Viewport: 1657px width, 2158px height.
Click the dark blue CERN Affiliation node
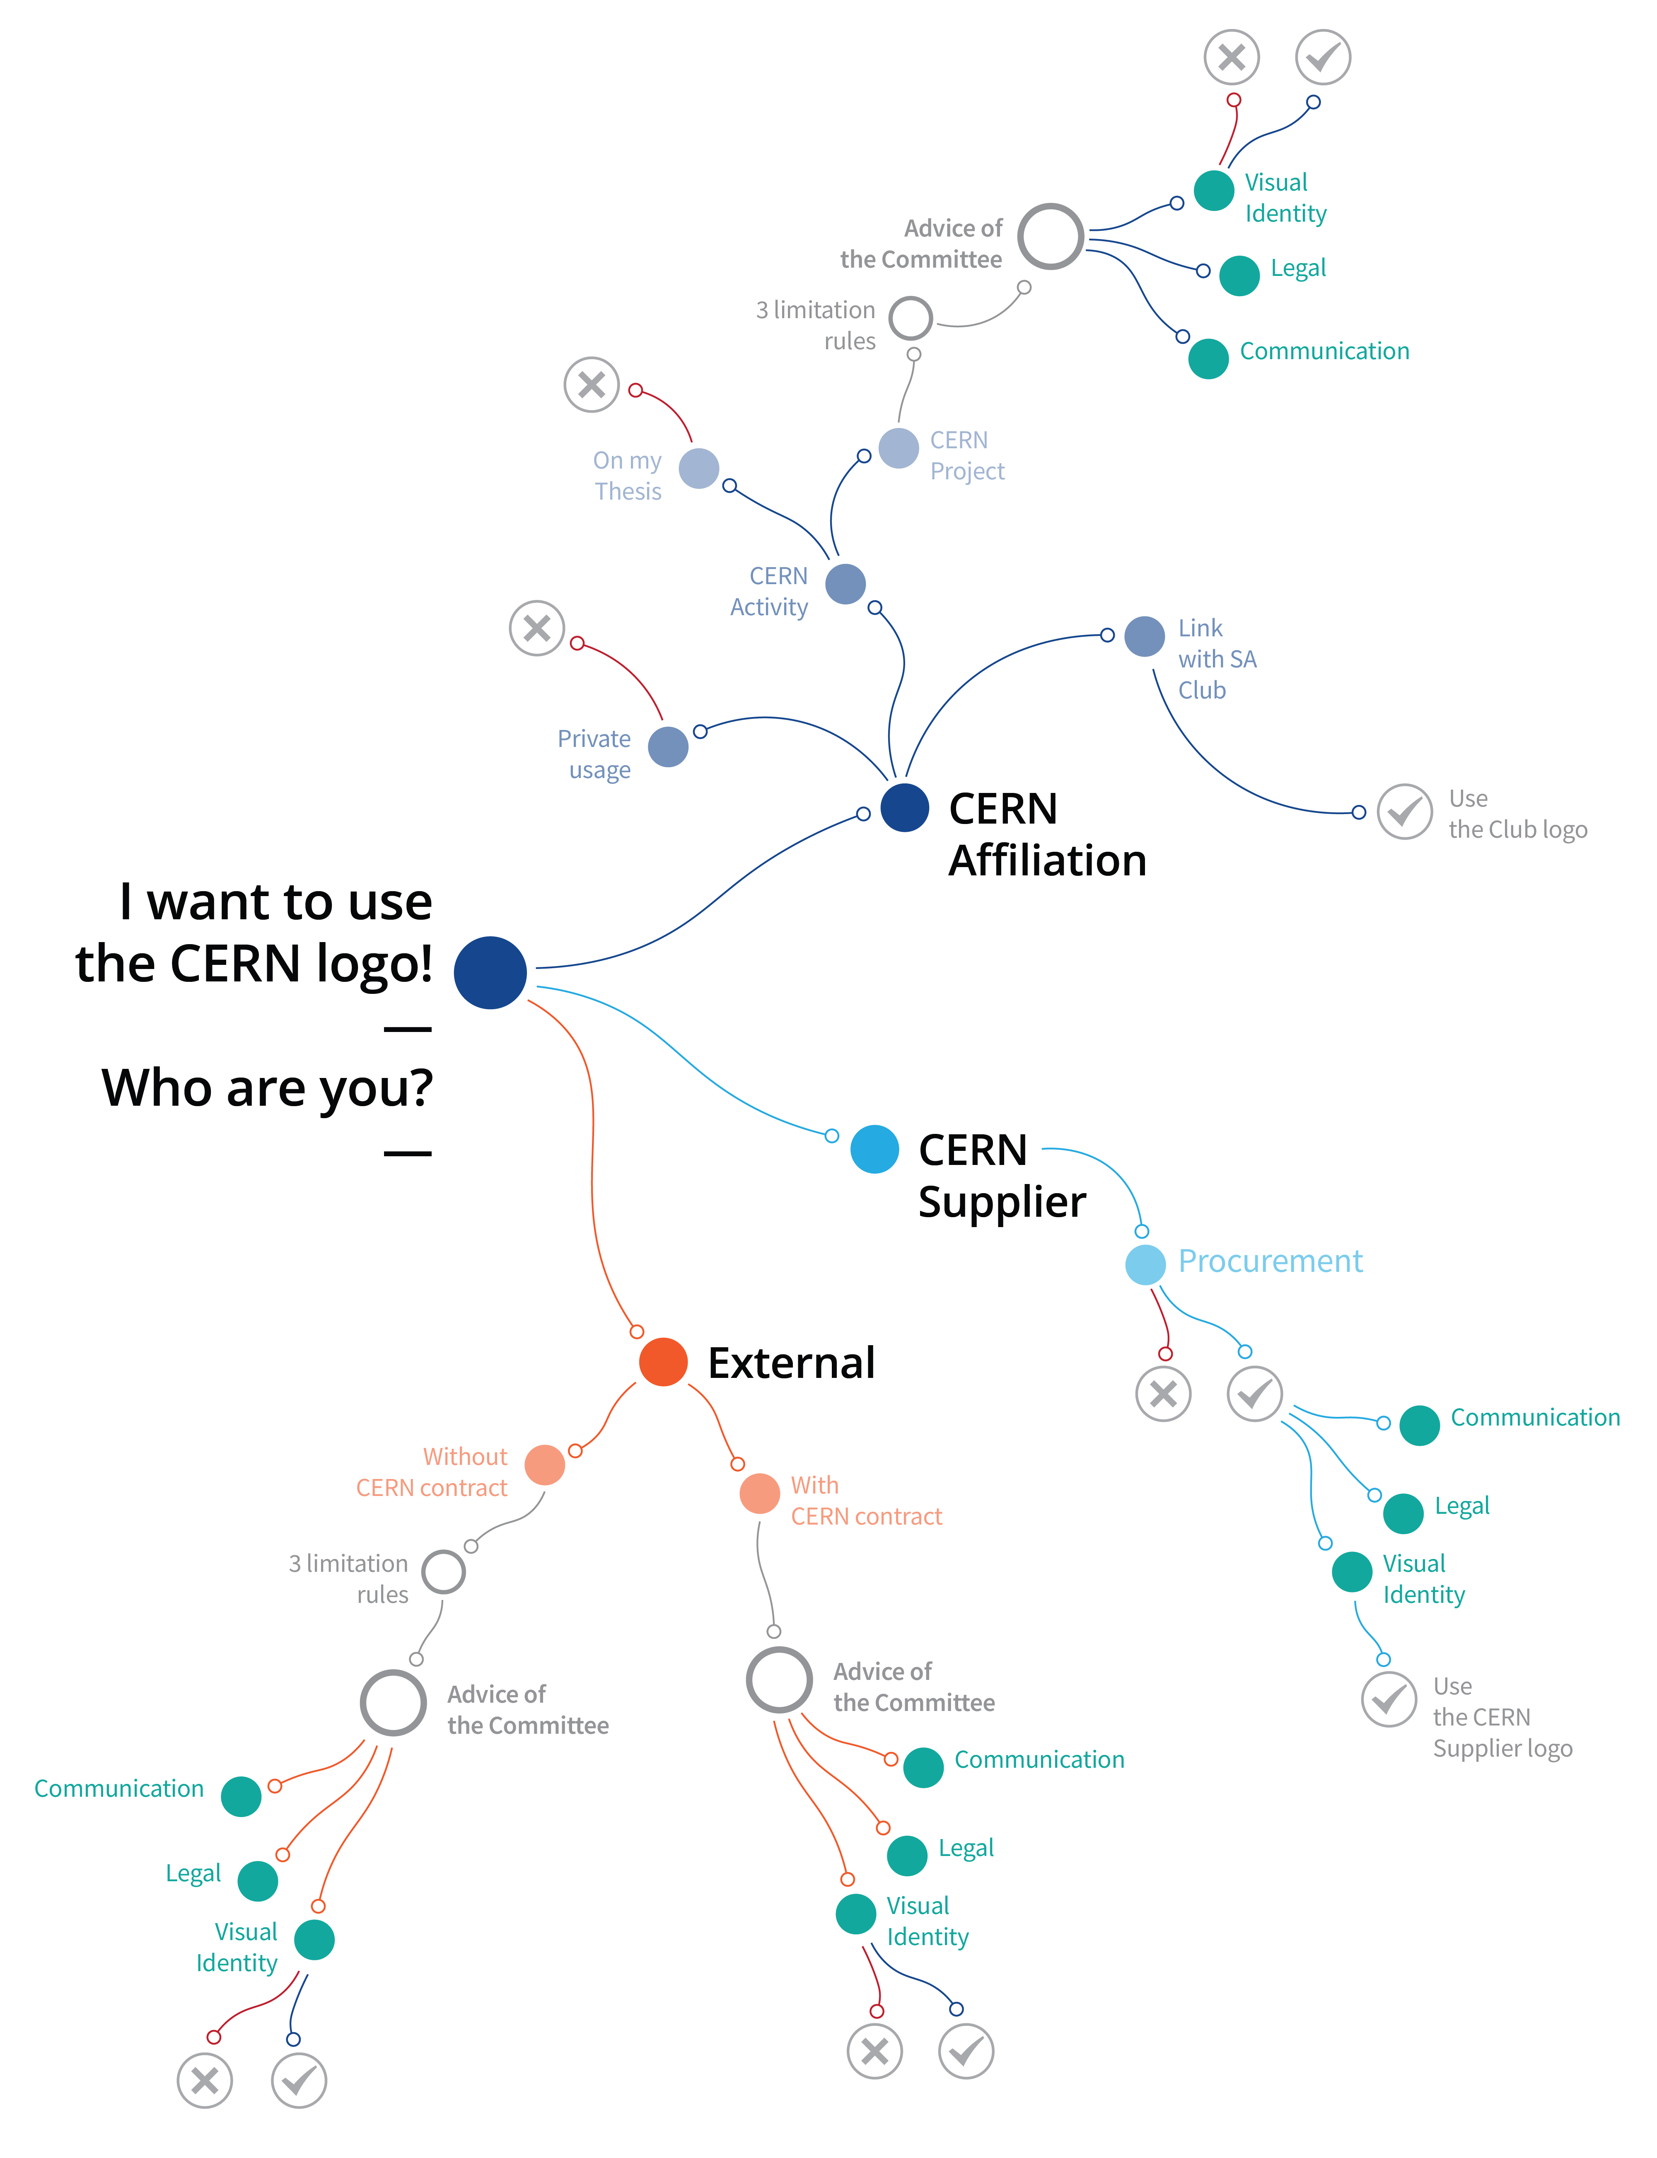tap(904, 808)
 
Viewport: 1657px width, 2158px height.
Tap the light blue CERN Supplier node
tap(874, 1149)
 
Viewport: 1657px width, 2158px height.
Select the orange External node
tap(663, 1362)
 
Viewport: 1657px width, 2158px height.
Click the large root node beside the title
tap(490, 972)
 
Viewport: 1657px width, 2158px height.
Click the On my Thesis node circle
tap(698, 469)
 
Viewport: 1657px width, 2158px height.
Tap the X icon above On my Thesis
tap(592, 384)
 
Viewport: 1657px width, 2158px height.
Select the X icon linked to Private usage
tap(536, 628)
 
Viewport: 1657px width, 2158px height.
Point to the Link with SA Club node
tap(1144, 636)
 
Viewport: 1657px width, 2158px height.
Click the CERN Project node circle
tap(899, 449)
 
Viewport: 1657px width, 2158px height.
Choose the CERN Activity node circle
tap(845, 584)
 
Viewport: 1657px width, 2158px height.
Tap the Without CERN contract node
tap(544, 1464)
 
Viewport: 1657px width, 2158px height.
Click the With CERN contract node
tap(759, 1493)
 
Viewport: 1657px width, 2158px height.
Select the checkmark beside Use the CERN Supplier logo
tap(1389, 1699)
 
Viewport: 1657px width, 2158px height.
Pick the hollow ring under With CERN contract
tap(779, 1680)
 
